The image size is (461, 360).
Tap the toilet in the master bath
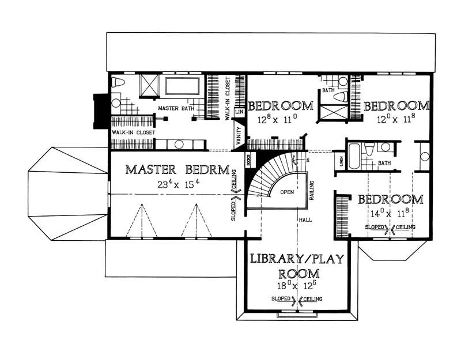pyautogui.click(x=118, y=83)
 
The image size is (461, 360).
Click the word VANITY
pyautogui.click(x=238, y=138)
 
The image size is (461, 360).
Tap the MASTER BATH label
pyautogui.click(x=176, y=108)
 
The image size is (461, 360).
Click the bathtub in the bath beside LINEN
pyautogui.click(x=356, y=151)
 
